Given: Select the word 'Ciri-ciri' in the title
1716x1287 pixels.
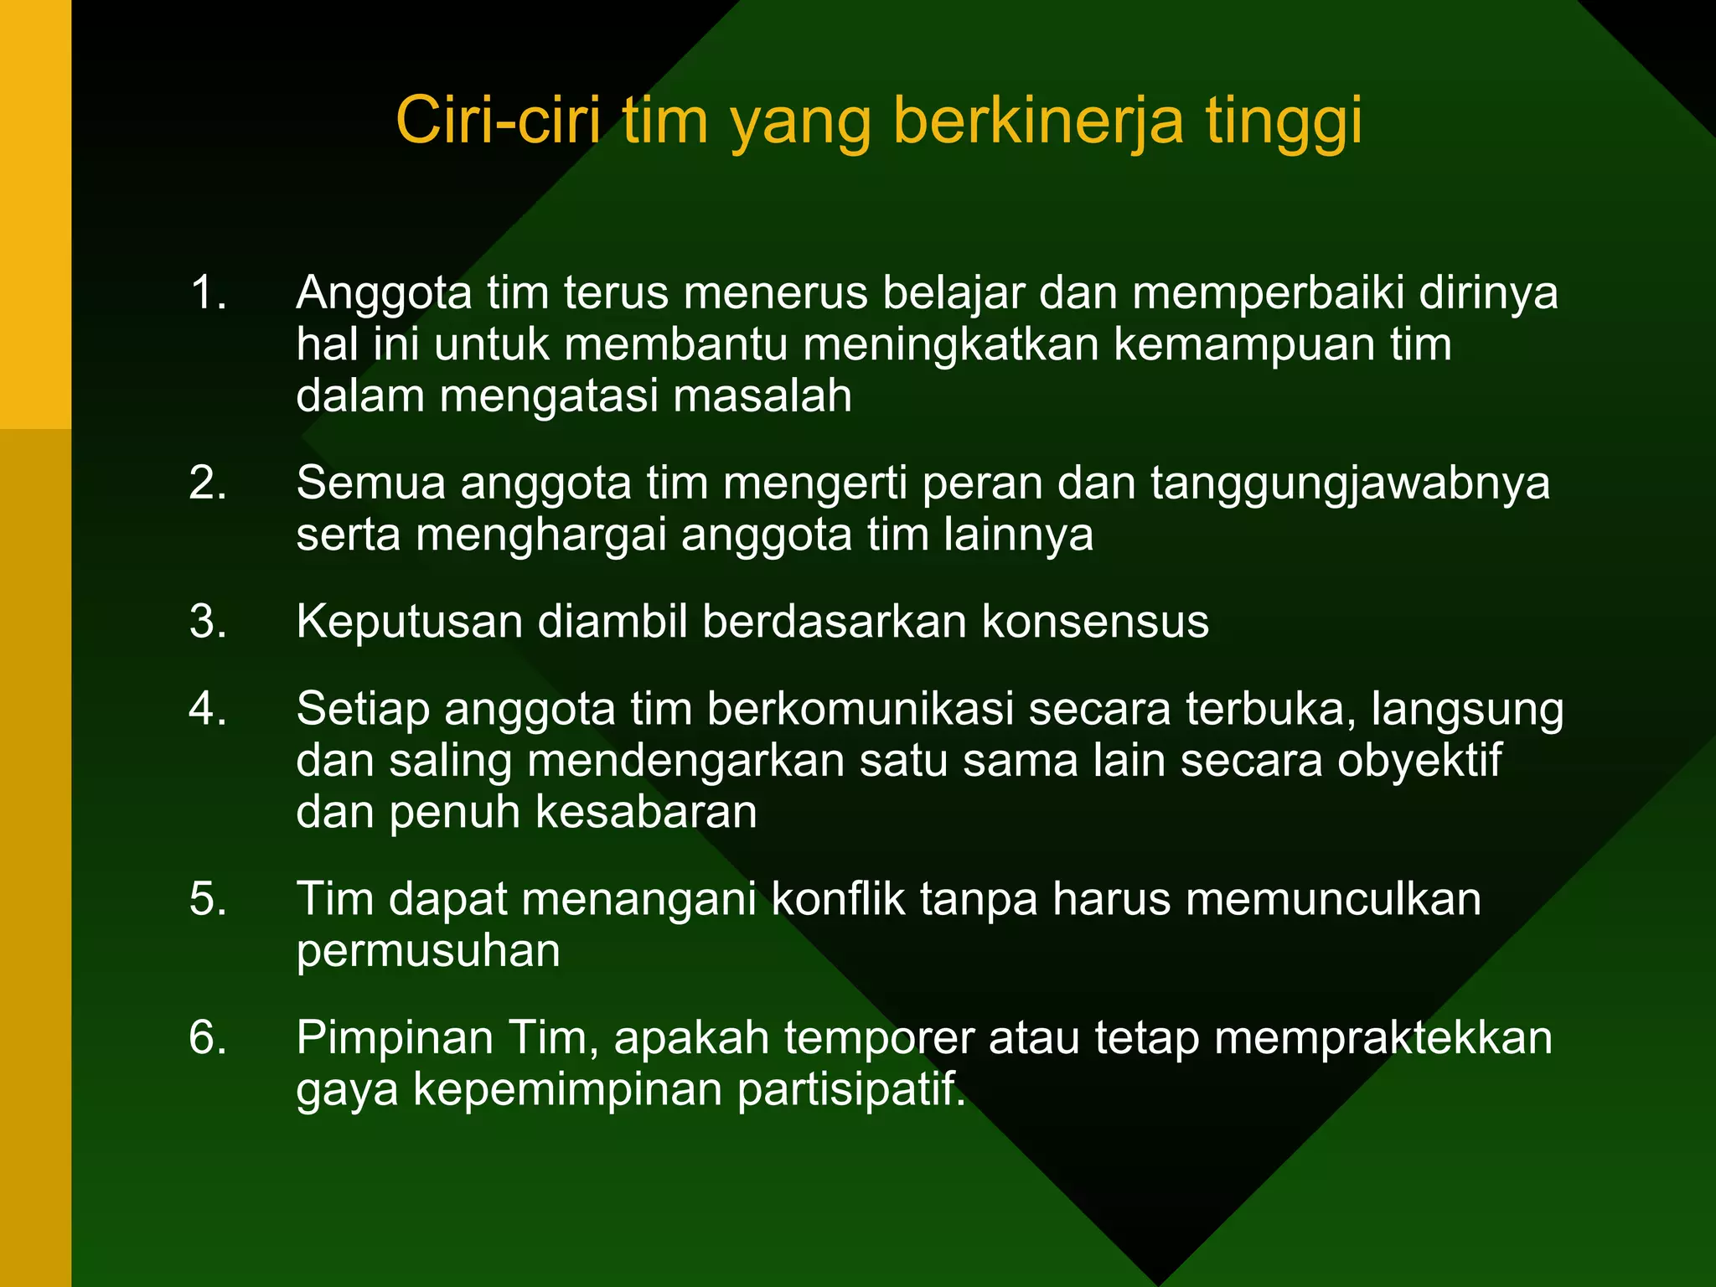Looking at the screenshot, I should [x=498, y=121].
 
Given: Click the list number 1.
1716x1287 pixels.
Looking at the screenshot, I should [x=208, y=293].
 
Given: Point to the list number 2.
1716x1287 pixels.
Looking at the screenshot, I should [x=208, y=483].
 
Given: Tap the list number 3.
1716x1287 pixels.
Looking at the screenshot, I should [x=208, y=622].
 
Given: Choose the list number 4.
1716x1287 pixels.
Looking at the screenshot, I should [x=208, y=709].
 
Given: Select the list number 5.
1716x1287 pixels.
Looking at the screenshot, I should [x=208, y=899].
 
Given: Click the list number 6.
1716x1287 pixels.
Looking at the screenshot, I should [x=208, y=1037].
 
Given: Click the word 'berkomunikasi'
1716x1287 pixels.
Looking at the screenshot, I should [x=860, y=709].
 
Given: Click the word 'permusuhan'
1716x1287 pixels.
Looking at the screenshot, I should [x=428, y=952].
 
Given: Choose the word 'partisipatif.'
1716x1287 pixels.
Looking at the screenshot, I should [x=851, y=1090].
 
